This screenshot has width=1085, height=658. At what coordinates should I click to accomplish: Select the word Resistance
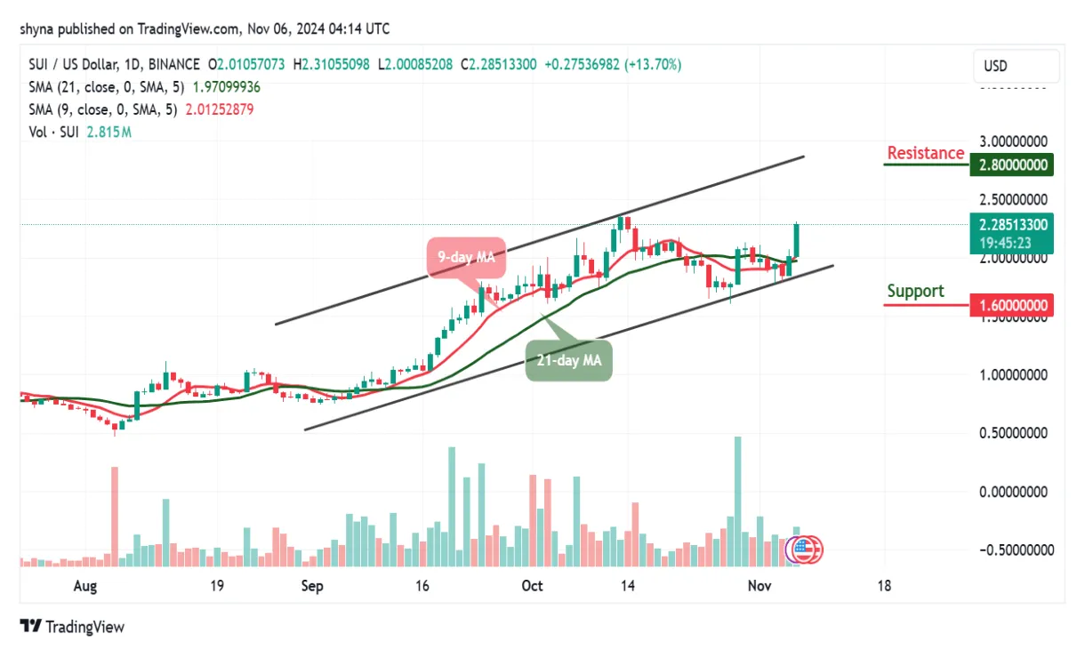click(925, 153)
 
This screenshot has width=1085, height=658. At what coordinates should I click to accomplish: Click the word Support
click(915, 291)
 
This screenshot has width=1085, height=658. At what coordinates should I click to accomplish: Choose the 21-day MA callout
click(568, 361)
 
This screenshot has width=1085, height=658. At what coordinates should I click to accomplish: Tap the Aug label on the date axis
click(84, 587)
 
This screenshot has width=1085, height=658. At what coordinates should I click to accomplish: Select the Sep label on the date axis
click(312, 587)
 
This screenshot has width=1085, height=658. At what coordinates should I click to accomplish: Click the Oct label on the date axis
click(532, 587)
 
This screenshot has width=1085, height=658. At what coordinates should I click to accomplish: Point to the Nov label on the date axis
click(758, 587)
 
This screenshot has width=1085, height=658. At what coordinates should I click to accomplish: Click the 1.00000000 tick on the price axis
click(1014, 375)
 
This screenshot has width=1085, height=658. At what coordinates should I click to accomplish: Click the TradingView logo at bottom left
click(72, 627)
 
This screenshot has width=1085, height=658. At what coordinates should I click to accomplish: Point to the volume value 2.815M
click(108, 132)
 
